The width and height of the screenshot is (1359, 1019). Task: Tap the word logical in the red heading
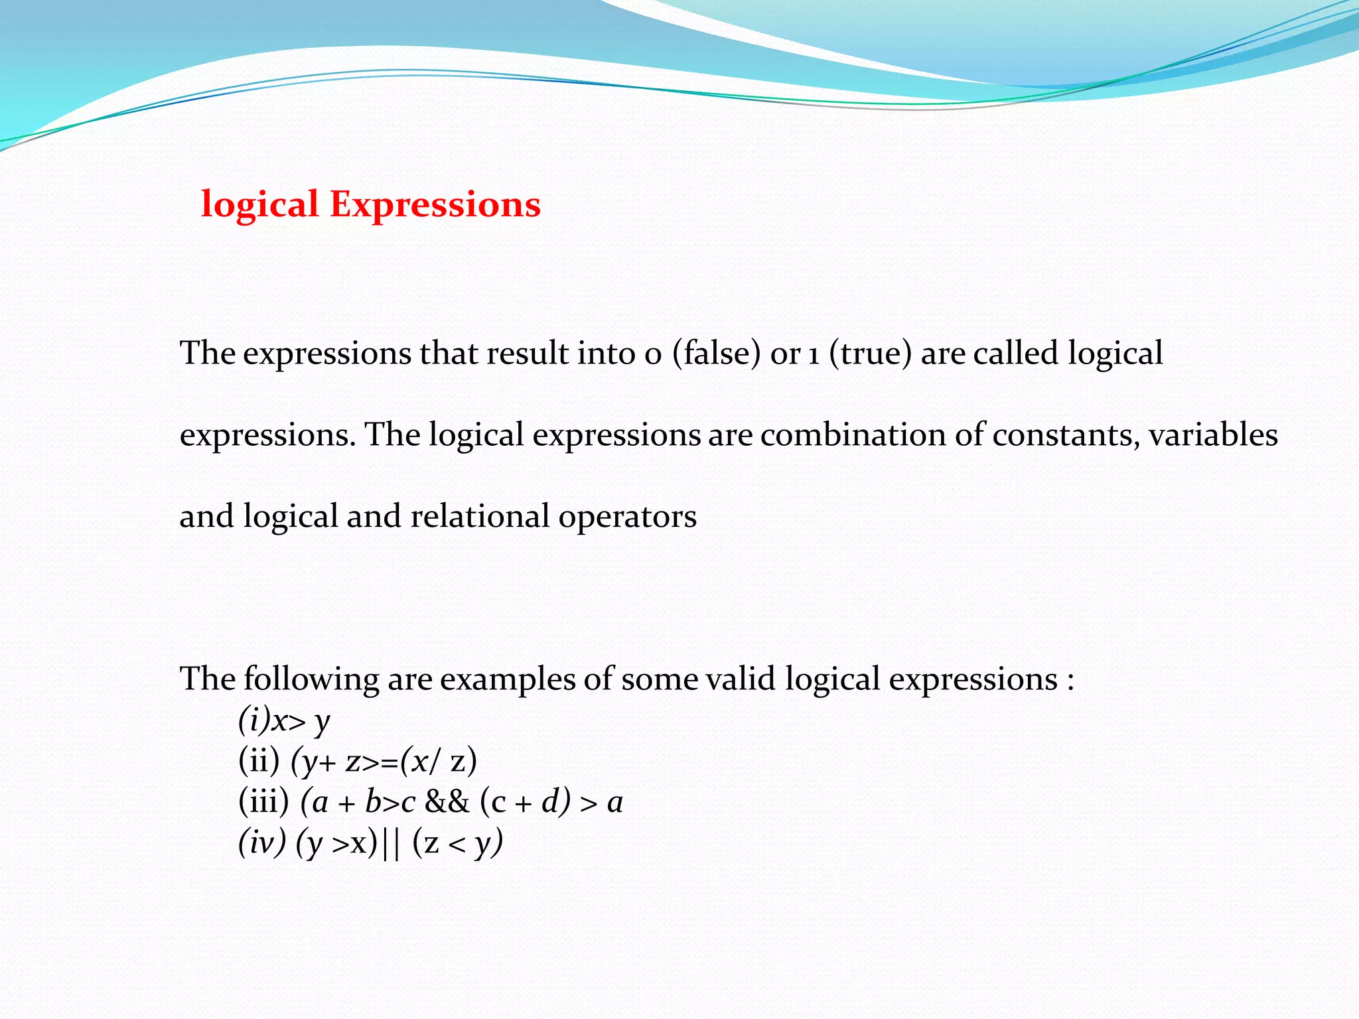point(260,206)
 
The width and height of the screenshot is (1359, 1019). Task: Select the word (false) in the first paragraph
point(716,353)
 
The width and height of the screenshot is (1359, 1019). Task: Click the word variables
point(1212,435)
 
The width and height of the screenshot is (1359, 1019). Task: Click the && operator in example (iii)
point(447,802)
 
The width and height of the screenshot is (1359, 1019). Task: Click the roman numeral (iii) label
point(263,802)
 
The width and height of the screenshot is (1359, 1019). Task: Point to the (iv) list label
point(262,843)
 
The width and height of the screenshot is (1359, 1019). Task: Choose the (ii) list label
point(259,761)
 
